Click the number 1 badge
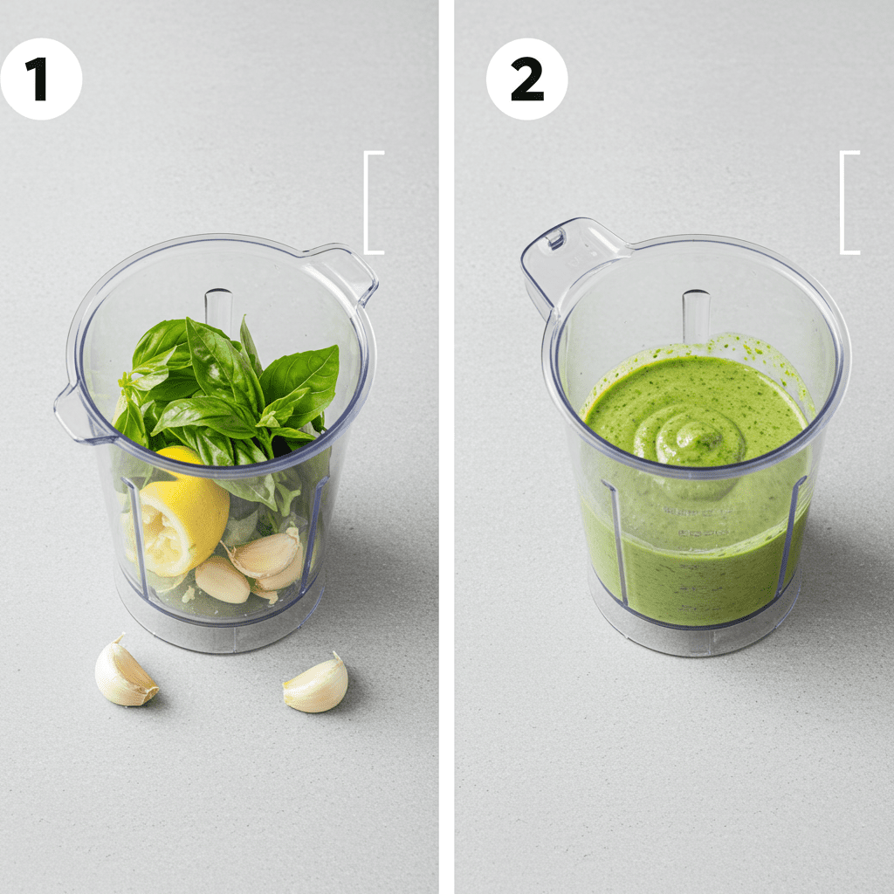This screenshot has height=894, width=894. click(40, 79)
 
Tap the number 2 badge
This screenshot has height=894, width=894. click(526, 79)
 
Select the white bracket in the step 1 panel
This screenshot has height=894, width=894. click(374, 203)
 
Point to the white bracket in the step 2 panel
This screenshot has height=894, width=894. click(849, 203)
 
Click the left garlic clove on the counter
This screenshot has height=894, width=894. click(124, 673)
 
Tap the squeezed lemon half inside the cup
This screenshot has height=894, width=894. click(182, 522)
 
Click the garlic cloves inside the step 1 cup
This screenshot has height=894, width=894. click(253, 567)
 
